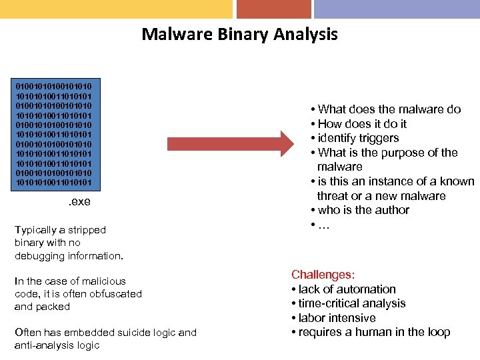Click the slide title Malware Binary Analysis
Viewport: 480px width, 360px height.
point(239,34)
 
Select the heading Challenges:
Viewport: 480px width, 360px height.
point(323,275)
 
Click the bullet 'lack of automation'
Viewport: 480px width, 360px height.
point(347,289)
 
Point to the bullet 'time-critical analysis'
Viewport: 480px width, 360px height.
point(352,303)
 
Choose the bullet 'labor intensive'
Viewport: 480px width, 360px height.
point(337,318)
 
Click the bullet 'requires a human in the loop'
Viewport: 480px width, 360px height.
point(374,332)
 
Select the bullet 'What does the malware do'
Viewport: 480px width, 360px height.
point(389,109)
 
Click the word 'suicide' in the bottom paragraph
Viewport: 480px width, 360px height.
point(141,332)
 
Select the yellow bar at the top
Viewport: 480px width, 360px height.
point(116,9)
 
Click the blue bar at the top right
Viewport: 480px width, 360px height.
point(397,9)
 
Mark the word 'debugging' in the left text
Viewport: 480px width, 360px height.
point(41,256)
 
